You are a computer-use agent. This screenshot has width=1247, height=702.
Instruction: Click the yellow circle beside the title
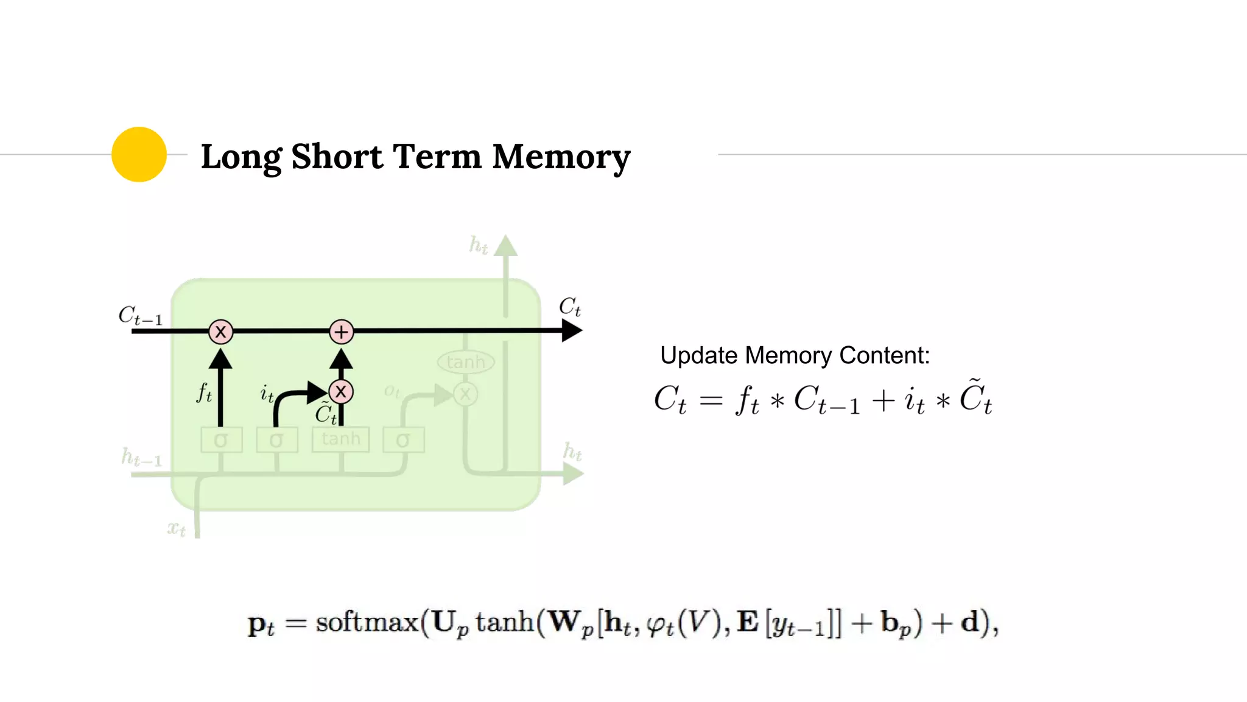(x=139, y=154)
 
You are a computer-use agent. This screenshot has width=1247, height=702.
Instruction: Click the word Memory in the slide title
(x=561, y=157)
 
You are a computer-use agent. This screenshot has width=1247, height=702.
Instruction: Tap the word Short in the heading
(x=337, y=157)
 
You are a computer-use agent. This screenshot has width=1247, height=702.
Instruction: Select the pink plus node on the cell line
(x=342, y=331)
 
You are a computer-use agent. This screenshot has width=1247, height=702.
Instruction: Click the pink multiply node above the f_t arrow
(x=220, y=331)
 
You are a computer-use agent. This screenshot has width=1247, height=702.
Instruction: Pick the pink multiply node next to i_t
(x=341, y=392)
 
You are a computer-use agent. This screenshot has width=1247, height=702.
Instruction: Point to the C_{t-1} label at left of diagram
(x=141, y=316)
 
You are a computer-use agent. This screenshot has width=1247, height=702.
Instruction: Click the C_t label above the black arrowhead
(x=570, y=307)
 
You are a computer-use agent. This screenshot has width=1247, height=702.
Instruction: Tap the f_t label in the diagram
(x=204, y=392)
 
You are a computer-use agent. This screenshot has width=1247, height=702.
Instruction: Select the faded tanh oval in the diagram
(x=466, y=362)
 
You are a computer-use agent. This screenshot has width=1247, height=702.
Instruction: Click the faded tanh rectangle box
(x=340, y=439)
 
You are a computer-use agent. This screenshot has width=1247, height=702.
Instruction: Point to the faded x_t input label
(x=177, y=528)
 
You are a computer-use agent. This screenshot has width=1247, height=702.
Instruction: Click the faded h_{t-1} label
(x=142, y=457)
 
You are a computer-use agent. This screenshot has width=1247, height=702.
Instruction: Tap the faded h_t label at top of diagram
(x=479, y=245)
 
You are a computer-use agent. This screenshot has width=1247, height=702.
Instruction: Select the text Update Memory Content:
(x=795, y=355)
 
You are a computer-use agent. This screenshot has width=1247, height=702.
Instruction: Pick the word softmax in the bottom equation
(x=367, y=622)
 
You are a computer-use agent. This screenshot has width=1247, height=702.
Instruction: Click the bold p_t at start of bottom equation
(x=261, y=624)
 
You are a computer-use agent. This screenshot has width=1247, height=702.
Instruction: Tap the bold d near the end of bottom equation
(x=969, y=622)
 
